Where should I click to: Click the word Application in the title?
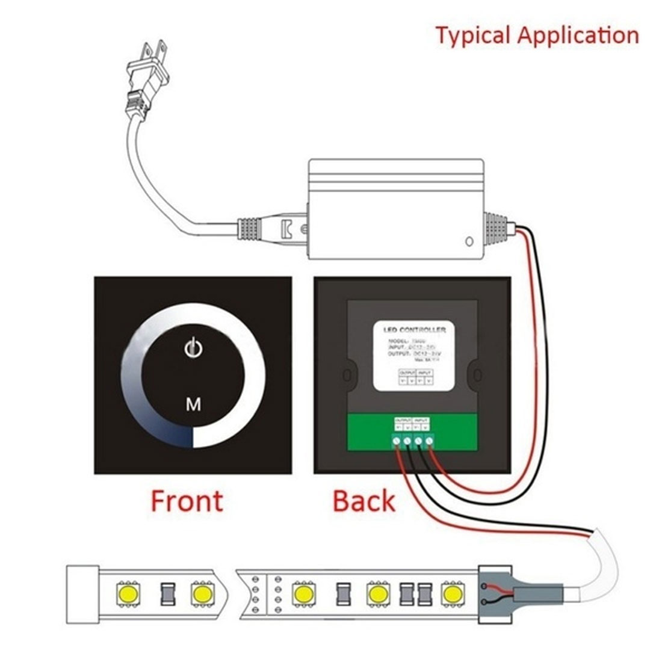578,35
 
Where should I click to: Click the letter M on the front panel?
193,404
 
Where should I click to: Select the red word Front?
187,501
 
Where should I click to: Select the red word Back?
363,501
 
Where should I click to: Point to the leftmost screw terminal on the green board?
398,443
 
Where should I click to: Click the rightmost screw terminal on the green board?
429,443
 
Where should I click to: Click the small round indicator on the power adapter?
469,243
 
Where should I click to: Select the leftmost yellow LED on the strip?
127,594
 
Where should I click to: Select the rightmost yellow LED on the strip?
453,594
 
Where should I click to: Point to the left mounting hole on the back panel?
347,376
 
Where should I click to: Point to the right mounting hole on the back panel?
478,376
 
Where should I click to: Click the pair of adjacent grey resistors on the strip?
415,594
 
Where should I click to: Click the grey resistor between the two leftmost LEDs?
164,594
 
